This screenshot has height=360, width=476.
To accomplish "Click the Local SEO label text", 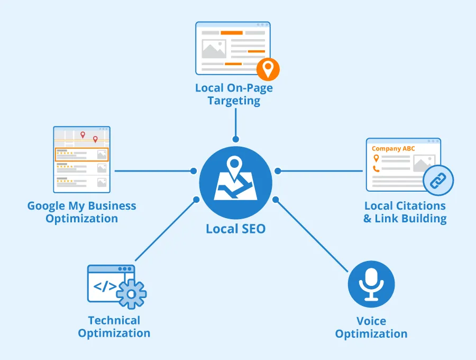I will (x=235, y=229).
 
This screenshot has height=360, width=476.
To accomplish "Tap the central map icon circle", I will (x=235, y=183).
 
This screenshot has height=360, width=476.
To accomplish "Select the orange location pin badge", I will (x=268, y=69).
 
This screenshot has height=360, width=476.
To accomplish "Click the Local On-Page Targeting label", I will (x=234, y=94).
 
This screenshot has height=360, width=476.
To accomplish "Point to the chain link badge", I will (x=438, y=181).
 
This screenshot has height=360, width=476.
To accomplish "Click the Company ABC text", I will (x=393, y=149).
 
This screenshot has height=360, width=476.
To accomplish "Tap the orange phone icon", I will (x=376, y=169).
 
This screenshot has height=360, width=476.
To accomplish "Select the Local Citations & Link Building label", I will (x=405, y=212).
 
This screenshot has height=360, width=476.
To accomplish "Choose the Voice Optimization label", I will (x=371, y=327).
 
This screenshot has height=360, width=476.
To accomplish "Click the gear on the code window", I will (x=131, y=293).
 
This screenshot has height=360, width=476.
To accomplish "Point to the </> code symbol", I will (x=105, y=287).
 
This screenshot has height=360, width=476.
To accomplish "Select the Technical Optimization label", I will (x=114, y=327).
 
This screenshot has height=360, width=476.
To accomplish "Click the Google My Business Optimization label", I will (x=82, y=212).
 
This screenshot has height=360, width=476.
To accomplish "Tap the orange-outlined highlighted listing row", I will (x=82, y=155).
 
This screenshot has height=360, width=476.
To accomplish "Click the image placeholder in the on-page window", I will (x=214, y=49).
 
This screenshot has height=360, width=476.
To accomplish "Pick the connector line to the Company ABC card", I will (x=320, y=171).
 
